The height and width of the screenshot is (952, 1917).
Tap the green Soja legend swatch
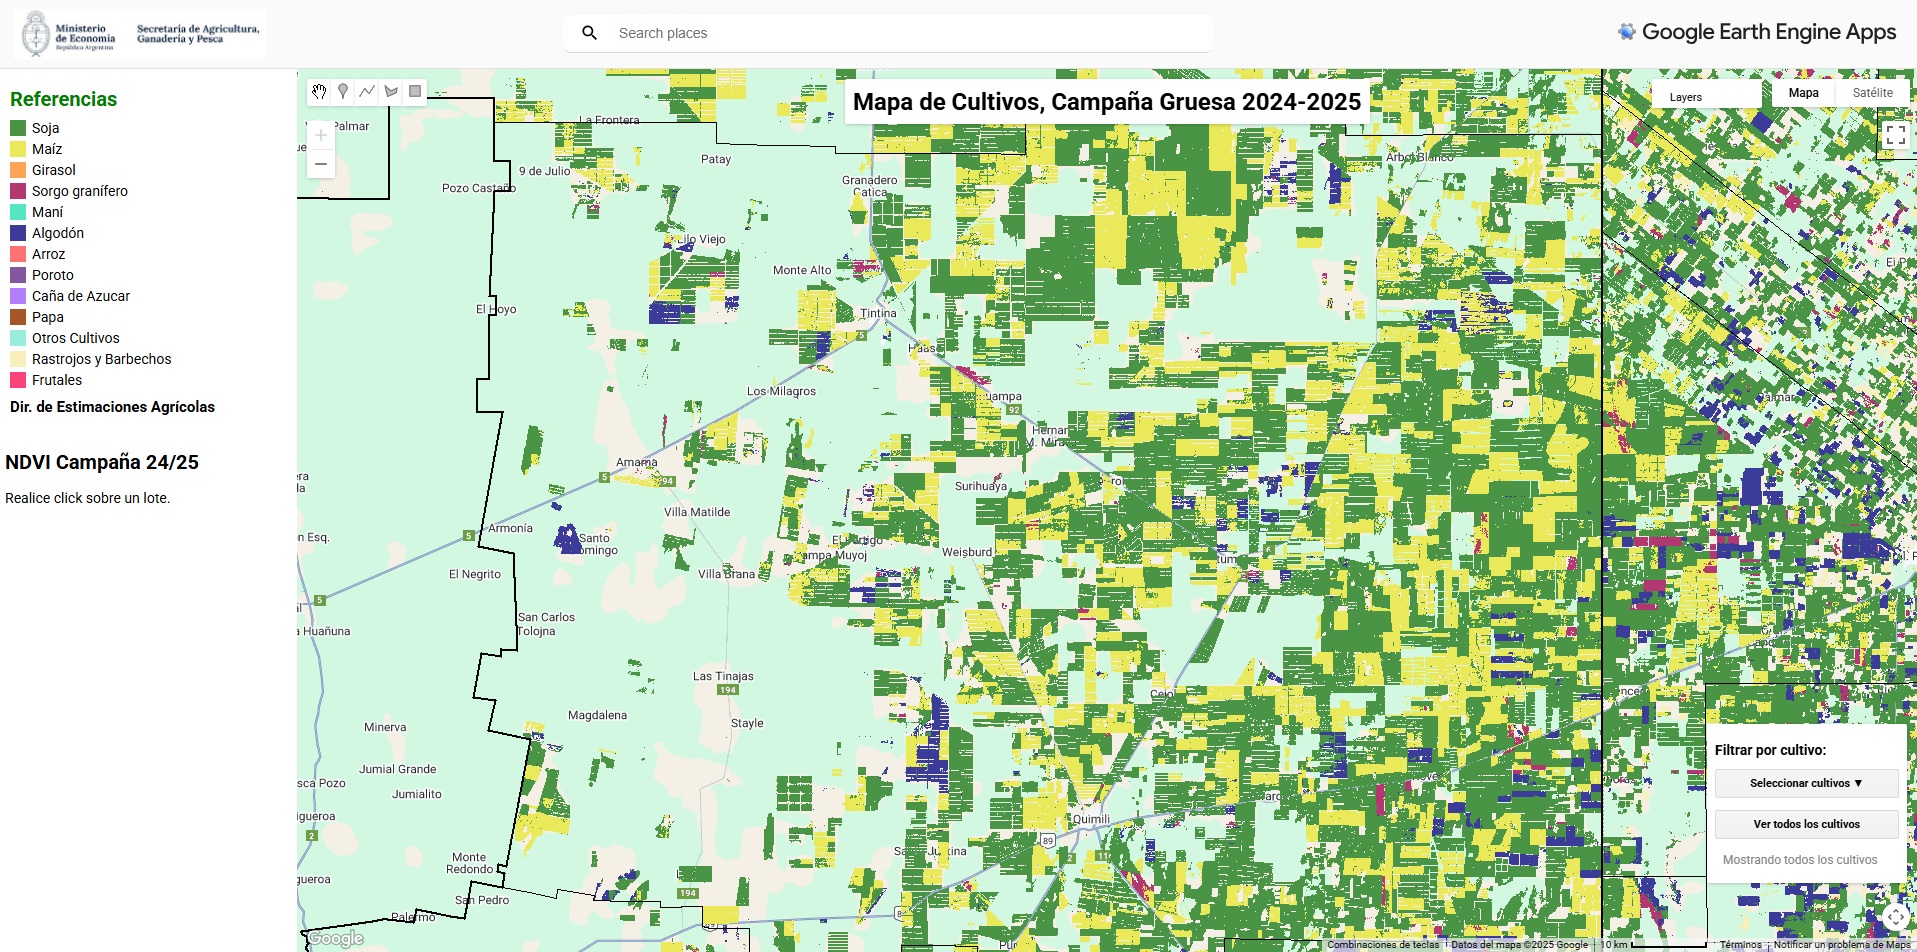[18, 128]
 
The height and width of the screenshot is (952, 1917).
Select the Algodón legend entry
[57, 233]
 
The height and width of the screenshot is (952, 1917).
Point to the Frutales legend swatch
[18, 380]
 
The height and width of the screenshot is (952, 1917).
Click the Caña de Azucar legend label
[80, 296]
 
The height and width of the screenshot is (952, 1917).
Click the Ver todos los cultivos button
[1806, 824]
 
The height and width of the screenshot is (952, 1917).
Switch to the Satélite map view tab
[1872, 93]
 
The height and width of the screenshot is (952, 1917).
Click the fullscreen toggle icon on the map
[1895, 135]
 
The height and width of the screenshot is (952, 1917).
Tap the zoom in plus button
[321, 135]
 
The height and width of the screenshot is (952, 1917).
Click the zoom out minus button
[321, 164]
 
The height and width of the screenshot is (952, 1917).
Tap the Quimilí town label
[1091, 819]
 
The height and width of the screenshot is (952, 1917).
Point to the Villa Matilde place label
[697, 512]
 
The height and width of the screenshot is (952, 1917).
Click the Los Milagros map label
[781, 391]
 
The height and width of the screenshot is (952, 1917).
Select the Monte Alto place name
[802, 270]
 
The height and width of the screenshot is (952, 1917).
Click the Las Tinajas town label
[723, 676]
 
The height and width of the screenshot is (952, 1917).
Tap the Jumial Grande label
[398, 769]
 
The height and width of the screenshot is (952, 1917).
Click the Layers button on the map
[1686, 97]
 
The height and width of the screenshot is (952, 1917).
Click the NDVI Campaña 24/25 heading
[102, 462]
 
